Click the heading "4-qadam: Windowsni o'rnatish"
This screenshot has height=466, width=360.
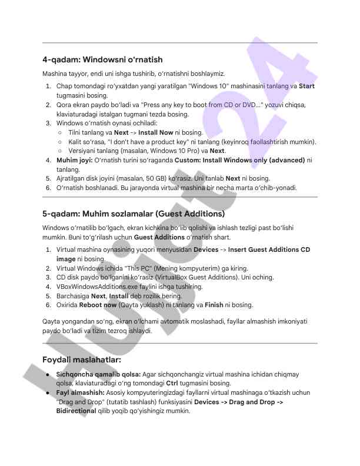click(102, 59)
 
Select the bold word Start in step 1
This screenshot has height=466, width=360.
click(306, 86)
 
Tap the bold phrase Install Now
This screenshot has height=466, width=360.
click(156, 133)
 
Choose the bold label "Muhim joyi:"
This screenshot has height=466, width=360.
click(75, 160)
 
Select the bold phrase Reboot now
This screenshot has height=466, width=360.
click(98, 305)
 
